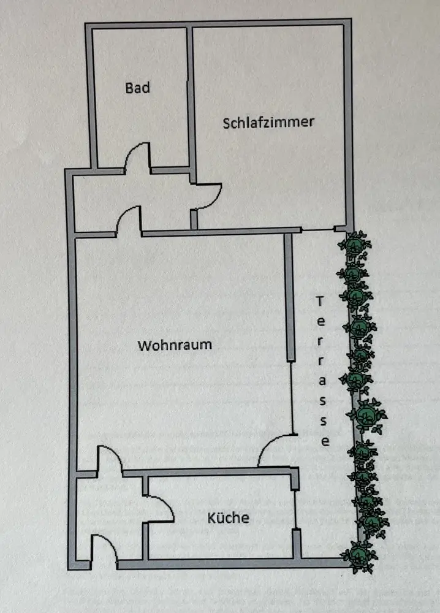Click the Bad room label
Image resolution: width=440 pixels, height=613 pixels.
coord(137,88)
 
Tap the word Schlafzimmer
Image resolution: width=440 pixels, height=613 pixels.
coord(268,121)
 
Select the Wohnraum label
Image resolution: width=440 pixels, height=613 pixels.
coord(175,345)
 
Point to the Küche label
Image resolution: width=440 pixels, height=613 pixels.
coord(229,518)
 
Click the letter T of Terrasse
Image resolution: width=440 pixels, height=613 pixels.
coord(319,301)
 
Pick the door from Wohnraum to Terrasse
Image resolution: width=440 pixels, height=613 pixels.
coord(273,449)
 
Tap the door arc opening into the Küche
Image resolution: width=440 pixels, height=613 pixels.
coord(162,506)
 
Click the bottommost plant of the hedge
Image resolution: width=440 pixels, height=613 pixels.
coord(358,555)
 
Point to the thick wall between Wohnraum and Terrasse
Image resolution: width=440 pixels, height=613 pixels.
coord(288,298)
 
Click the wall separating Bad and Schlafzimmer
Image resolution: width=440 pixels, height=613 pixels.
coord(191,98)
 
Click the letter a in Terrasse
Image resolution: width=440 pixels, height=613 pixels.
coord(323,380)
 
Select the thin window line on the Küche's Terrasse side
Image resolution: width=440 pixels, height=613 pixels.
coord(295,509)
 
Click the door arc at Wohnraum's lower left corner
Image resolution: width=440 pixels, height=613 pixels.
coord(108,457)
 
